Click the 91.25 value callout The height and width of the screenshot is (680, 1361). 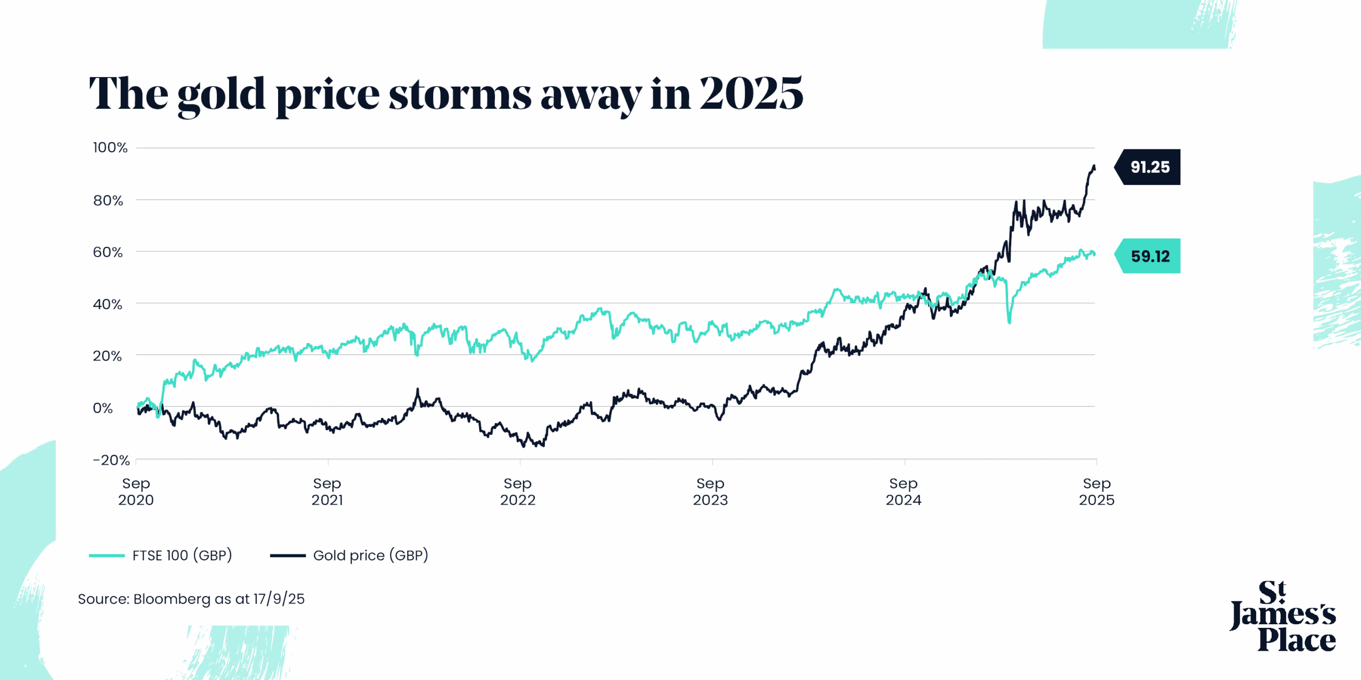point(1149,167)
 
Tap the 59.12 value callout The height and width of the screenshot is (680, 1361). point(1149,257)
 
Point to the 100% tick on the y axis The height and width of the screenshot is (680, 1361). point(110,148)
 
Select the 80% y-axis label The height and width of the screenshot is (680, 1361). point(108,201)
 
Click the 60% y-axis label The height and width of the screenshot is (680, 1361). point(108,252)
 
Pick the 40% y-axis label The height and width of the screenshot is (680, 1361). point(107,304)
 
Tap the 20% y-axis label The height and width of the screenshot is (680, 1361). point(107,356)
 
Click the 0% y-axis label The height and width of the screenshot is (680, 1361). point(103,408)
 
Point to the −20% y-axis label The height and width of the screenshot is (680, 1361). point(111,460)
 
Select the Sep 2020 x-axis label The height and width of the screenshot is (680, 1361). point(136,491)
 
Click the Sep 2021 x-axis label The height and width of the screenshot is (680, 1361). point(327,491)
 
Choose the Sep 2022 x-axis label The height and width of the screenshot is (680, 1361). point(518,491)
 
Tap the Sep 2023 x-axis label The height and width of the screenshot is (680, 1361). point(710,491)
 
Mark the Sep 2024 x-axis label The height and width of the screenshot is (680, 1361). point(903,491)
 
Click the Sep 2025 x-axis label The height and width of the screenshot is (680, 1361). point(1096,491)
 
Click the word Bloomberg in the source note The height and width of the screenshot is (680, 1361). point(172,599)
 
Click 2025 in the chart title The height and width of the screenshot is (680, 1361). point(751,93)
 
